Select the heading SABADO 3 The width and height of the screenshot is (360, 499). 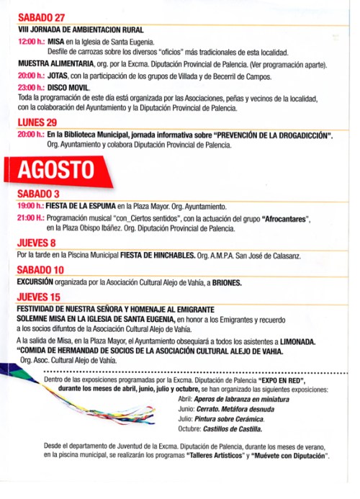pyautogui.click(x=39, y=194)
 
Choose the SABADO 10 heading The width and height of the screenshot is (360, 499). pyautogui.click(x=41, y=269)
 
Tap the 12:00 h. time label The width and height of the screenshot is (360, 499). pyautogui.click(x=32, y=42)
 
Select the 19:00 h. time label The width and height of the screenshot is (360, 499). pyautogui.click(x=31, y=207)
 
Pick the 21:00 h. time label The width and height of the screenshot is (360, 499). pyautogui.click(x=31, y=217)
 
